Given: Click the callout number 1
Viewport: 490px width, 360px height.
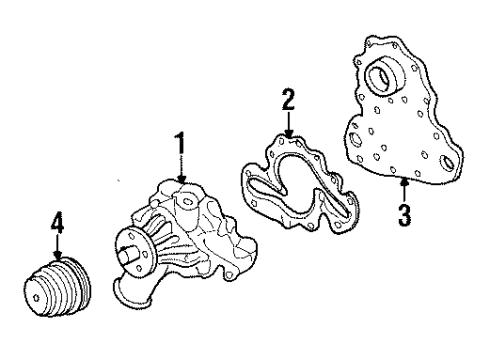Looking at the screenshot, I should point(181,146).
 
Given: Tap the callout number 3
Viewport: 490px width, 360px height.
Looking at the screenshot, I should point(404,214).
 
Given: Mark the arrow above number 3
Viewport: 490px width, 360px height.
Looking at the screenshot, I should point(404,188).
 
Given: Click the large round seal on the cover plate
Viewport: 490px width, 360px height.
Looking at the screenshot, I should point(382,76).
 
